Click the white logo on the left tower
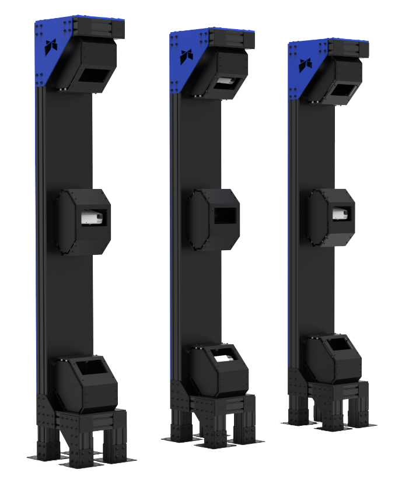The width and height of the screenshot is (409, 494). click(53, 46)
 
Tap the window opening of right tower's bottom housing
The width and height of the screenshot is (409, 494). click(338, 345)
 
